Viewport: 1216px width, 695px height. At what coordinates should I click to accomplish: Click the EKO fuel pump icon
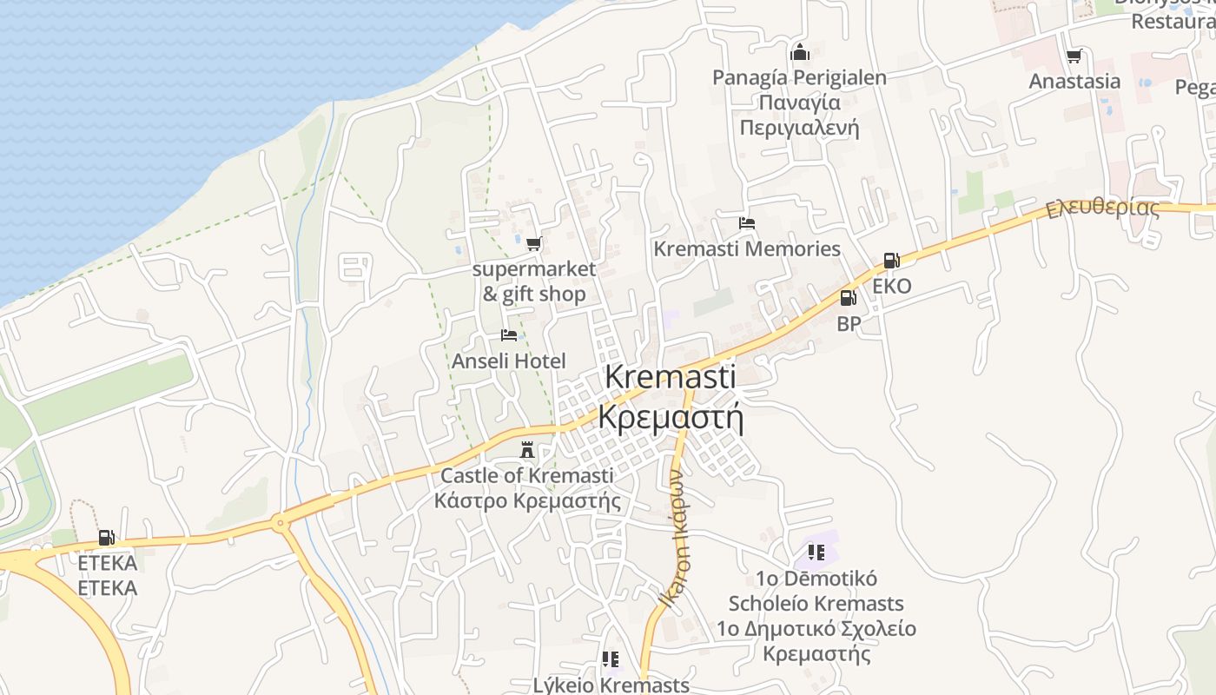pyautogui.click(x=891, y=260)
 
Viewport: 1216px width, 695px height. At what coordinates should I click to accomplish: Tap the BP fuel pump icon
pyautogui.click(x=848, y=298)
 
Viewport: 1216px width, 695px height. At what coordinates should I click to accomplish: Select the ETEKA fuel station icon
pyautogui.click(x=106, y=538)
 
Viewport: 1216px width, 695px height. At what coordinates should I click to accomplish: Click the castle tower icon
pyautogui.click(x=526, y=450)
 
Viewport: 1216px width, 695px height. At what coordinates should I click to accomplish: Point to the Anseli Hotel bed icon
pyautogui.click(x=509, y=335)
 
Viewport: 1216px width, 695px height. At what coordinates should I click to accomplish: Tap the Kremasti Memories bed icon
pyautogui.click(x=746, y=223)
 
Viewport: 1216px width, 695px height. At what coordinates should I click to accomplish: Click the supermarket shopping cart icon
pyautogui.click(x=533, y=243)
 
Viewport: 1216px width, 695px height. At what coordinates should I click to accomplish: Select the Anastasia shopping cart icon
pyautogui.click(x=1074, y=56)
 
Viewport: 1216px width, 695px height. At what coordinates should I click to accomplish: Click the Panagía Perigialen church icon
pyautogui.click(x=799, y=52)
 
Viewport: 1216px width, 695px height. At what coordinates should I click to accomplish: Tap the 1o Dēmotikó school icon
pyautogui.click(x=816, y=552)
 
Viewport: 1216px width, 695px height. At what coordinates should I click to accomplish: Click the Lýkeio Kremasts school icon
pyautogui.click(x=611, y=659)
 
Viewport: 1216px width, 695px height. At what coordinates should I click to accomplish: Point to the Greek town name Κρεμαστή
pyautogui.click(x=671, y=418)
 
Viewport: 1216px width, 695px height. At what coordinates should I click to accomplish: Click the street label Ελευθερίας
pyautogui.click(x=1102, y=208)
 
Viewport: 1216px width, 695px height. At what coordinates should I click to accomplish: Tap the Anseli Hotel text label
pyautogui.click(x=508, y=361)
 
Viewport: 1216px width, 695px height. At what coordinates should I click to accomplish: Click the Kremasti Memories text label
pyautogui.click(x=746, y=249)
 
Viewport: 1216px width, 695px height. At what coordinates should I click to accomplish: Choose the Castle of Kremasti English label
pyautogui.click(x=526, y=475)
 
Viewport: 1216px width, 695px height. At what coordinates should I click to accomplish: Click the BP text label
pyautogui.click(x=849, y=324)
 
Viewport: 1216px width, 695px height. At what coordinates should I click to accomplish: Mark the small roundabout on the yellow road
pyautogui.click(x=279, y=523)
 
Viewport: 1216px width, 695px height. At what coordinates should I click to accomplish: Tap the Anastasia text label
pyautogui.click(x=1074, y=82)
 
